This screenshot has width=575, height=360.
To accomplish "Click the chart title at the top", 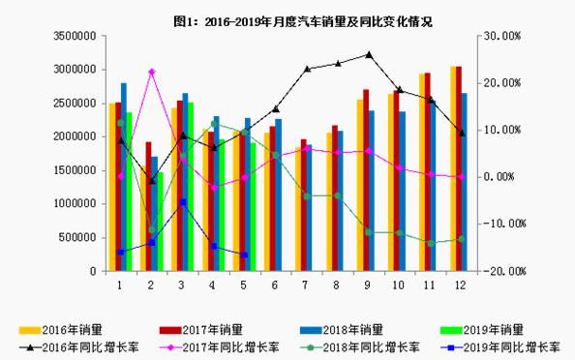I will click(x=288, y=20).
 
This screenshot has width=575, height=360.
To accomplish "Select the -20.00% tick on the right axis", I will click(x=503, y=271).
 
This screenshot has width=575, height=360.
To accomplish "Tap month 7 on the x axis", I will click(x=305, y=285).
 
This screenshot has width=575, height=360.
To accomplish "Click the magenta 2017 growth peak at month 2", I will click(x=151, y=72).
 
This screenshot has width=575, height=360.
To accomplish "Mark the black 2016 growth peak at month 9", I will click(x=368, y=55).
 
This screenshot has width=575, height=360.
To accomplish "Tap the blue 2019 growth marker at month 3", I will click(x=182, y=202).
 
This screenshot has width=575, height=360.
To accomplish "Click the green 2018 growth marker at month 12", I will click(x=461, y=238).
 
